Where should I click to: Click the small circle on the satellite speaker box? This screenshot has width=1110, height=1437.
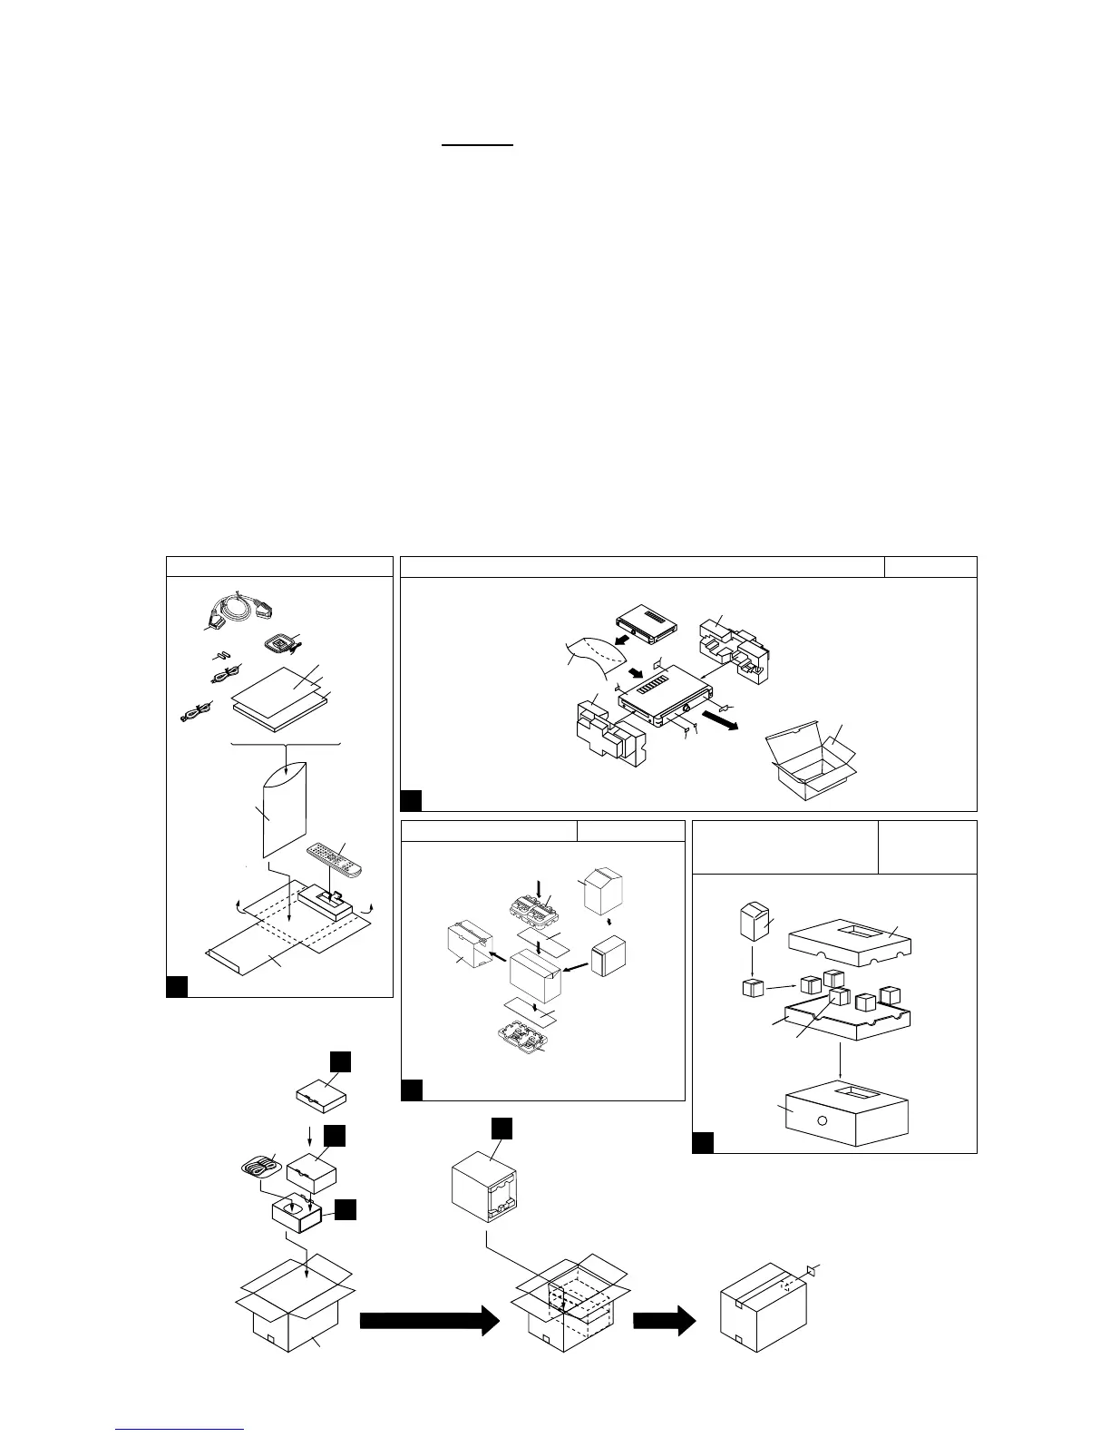tap(821, 1120)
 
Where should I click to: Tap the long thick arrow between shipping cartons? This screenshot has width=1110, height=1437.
tap(430, 1321)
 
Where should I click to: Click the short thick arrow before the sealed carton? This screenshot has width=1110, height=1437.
tap(664, 1321)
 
